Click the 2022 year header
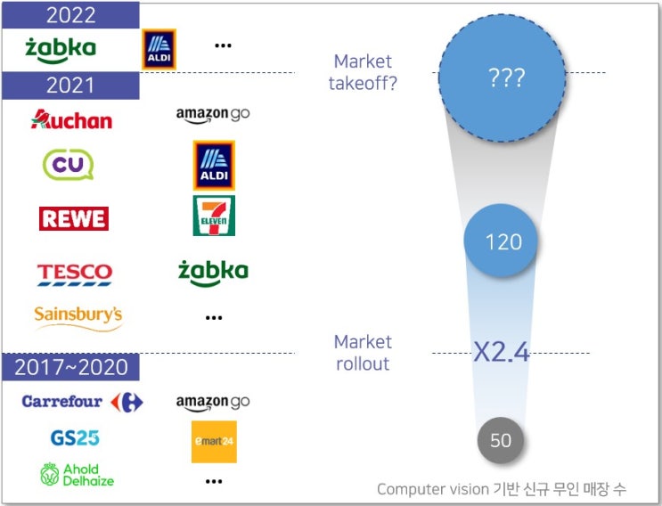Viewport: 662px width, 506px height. (70, 15)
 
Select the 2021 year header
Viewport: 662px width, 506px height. (70, 86)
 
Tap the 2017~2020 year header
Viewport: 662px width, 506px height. (70, 367)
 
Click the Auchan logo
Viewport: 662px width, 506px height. (72, 119)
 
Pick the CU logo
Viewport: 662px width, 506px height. (68, 165)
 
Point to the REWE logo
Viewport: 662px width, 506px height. (74, 218)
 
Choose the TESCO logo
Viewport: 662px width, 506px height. (75, 274)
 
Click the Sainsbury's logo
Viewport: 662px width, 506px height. (78, 317)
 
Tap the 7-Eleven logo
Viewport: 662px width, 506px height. (214, 216)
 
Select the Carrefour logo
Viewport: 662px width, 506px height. (82, 402)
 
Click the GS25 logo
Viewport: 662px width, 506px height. (75, 438)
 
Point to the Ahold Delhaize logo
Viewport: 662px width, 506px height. (78, 474)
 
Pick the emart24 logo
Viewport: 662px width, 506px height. (214, 442)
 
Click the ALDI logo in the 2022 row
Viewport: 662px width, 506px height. (159, 49)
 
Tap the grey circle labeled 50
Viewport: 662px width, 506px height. (501, 440)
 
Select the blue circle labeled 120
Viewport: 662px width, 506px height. (501, 241)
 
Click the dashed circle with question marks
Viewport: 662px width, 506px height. (502, 78)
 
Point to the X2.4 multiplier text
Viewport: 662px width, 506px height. (501, 352)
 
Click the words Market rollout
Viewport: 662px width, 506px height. (363, 353)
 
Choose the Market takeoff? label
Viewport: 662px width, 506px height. (363, 72)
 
